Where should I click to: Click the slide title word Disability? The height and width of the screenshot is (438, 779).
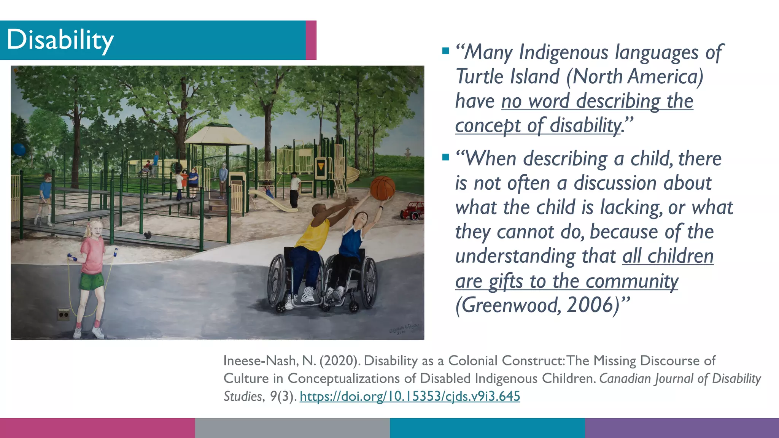coord(60,40)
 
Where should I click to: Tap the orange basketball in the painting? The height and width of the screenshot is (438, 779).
coord(383,188)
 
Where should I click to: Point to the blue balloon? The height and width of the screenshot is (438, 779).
coord(19,149)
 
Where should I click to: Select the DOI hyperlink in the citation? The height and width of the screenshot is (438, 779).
coord(410,396)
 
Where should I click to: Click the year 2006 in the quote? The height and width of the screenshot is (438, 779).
coord(590,305)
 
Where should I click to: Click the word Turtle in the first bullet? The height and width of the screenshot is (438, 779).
coord(480,76)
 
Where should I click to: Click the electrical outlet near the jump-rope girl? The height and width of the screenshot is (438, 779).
coord(64,315)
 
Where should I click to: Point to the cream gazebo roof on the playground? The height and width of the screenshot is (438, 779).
coord(218,135)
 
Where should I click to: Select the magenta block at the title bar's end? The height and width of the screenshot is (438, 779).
coord(311,40)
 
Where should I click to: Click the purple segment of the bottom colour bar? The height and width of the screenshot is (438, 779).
coord(682,428)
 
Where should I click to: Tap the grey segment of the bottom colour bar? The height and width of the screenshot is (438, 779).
coord(292,428)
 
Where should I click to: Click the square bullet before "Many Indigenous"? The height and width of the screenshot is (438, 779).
coord(446,51)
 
